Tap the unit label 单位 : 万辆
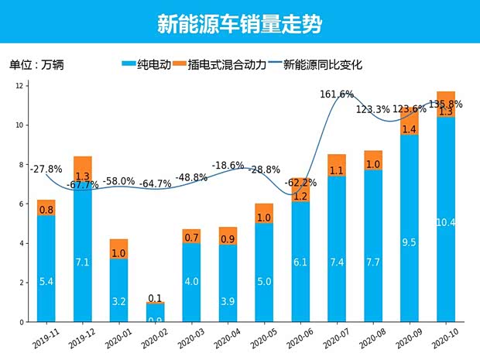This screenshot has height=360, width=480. point(36,65)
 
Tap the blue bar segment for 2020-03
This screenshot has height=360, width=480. point(191,283)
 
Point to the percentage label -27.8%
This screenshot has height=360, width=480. point(46,168)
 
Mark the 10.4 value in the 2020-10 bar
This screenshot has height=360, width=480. point(445,223)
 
